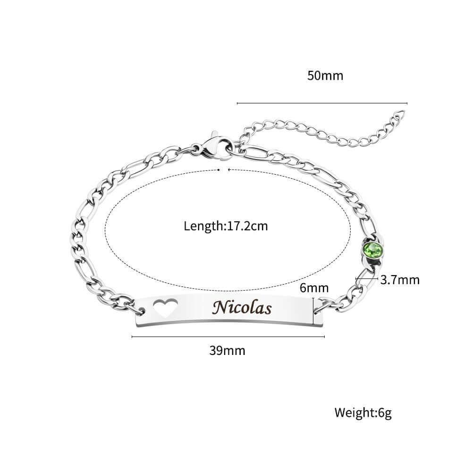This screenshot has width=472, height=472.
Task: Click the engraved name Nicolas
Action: (x=242, y=308)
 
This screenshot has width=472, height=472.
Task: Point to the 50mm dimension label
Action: (x=325, y=76)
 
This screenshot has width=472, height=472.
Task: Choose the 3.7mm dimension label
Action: (x=400, y=280)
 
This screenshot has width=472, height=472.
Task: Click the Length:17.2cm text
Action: (x=226, y=226)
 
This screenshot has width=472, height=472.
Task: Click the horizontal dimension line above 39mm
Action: (x=228, y=337)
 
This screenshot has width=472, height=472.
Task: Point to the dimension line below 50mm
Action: (x=321, y=103)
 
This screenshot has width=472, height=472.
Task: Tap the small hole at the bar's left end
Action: (x=143, y=311)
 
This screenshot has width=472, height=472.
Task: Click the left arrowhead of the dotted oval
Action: (x=219, y=169)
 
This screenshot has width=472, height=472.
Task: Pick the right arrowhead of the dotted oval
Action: (x=229, y=169)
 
